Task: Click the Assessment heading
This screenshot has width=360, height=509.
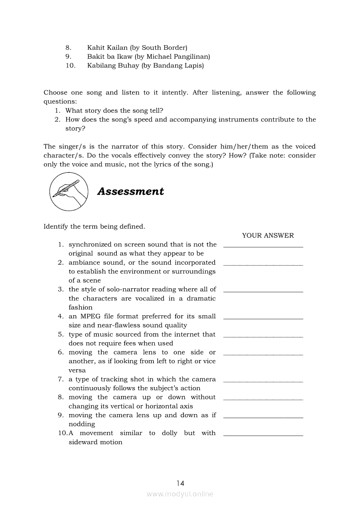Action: point(130,192)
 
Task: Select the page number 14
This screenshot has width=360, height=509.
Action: point(180,483)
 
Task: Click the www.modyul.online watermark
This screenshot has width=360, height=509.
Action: point(180,494)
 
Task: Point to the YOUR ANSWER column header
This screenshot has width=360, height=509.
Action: point(268,236)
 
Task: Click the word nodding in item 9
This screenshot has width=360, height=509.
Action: point(82,424)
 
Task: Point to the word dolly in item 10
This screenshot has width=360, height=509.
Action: point(170,433)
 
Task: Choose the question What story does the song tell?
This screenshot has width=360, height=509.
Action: point(115,111)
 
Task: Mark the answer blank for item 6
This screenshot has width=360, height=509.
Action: point(263,354)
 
